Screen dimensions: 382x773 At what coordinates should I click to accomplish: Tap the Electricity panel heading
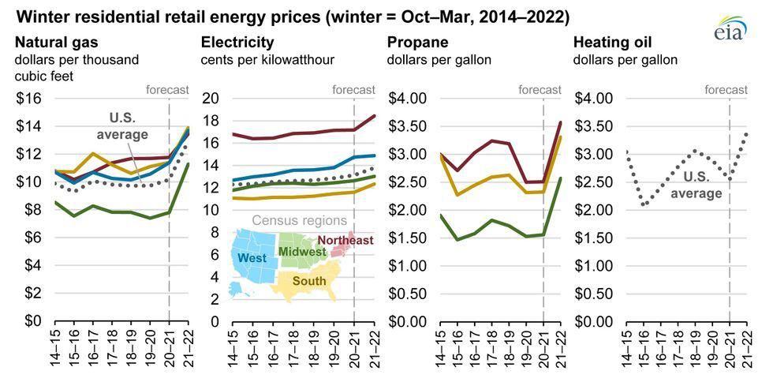click(237, 42)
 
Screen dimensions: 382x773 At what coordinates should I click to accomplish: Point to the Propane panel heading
click(417, 42)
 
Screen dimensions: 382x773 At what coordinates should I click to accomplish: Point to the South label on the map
click(309, 281)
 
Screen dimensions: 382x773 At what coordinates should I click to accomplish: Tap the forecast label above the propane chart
click(540, 89)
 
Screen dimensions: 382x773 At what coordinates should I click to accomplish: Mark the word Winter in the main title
click(39, 16)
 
